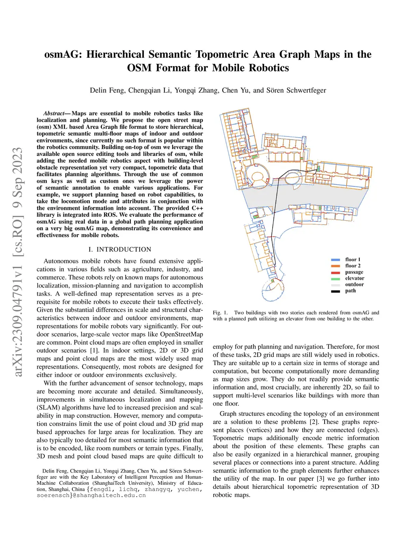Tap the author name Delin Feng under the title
(x=107, y=90)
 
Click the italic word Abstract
(x=54, y=113)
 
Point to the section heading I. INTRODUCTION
(x=120, y=249)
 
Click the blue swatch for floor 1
(x=335, y=259)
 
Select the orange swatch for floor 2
(x=335, y=266)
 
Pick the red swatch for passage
(x=335, y=272)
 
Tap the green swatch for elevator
(x=335, y=279)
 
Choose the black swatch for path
(x=335, y=291)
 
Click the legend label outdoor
(x=354, y=285)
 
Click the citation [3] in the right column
(x=321, y=479)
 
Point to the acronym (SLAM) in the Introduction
(x=46, y=408)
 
